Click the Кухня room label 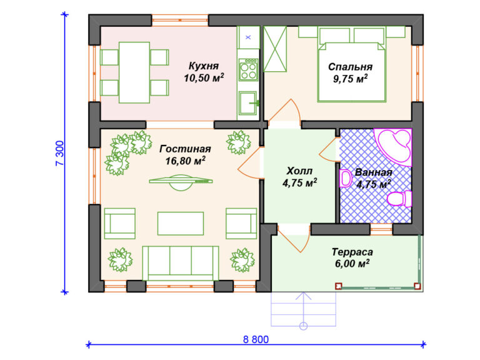[204, 66]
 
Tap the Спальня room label [350, 67]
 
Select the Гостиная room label [185, 149]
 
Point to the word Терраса [352, 252]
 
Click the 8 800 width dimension [256, 339]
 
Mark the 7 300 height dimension [60, 153]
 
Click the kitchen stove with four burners [248, 70]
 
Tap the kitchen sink [248, 103]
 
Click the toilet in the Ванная [400, 198]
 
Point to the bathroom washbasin [345, 178]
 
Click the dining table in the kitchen [134, 72]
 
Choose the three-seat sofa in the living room [181, 263]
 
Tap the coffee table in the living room [181, 224]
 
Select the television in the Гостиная [181, 182]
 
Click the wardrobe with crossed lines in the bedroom [275, 49]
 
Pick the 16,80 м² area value [185, 161]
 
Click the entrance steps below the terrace [303, 309]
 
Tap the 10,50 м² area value [204, 77]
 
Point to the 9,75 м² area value [350, 79]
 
